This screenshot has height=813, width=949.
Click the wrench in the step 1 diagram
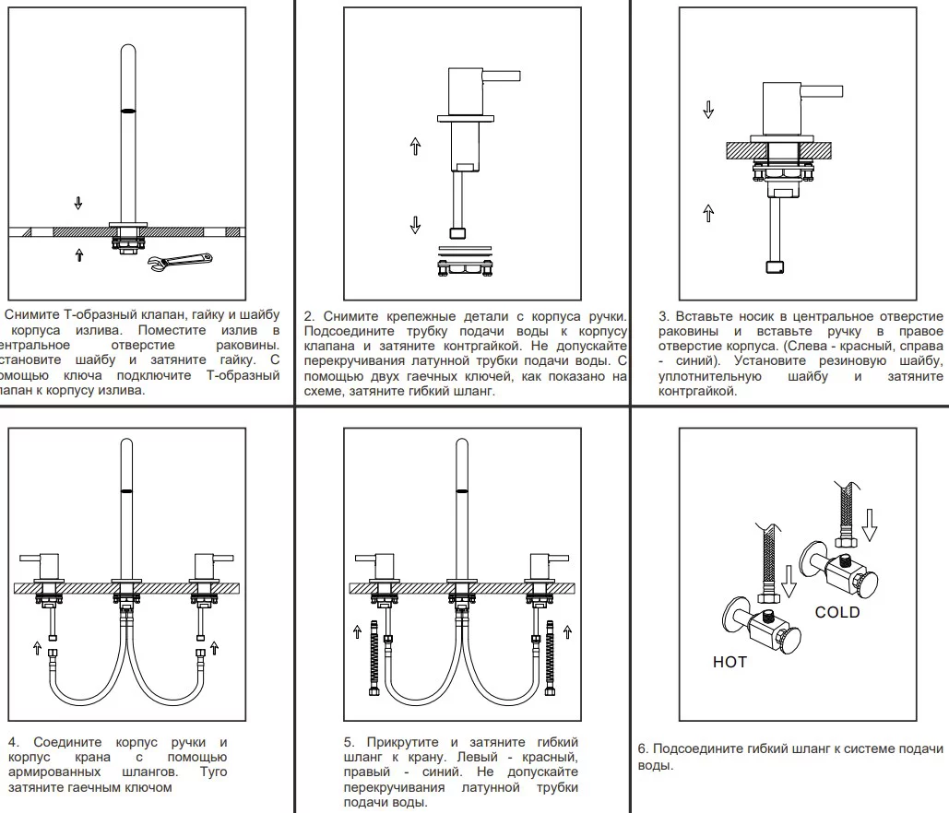pos(181,264)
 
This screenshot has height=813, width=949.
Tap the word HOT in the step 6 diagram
pos(730,662)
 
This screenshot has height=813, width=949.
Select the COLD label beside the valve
pos(836,612)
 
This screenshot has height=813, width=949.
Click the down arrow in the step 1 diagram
pos(78,203)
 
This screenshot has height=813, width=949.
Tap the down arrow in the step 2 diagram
pos(415,224)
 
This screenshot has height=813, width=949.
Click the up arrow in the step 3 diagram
pos(708,213)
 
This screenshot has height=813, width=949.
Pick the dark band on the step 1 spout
pos(128,110)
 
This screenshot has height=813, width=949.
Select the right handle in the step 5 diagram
pos(549,559)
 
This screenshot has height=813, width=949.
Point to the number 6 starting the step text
pos(642,748)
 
